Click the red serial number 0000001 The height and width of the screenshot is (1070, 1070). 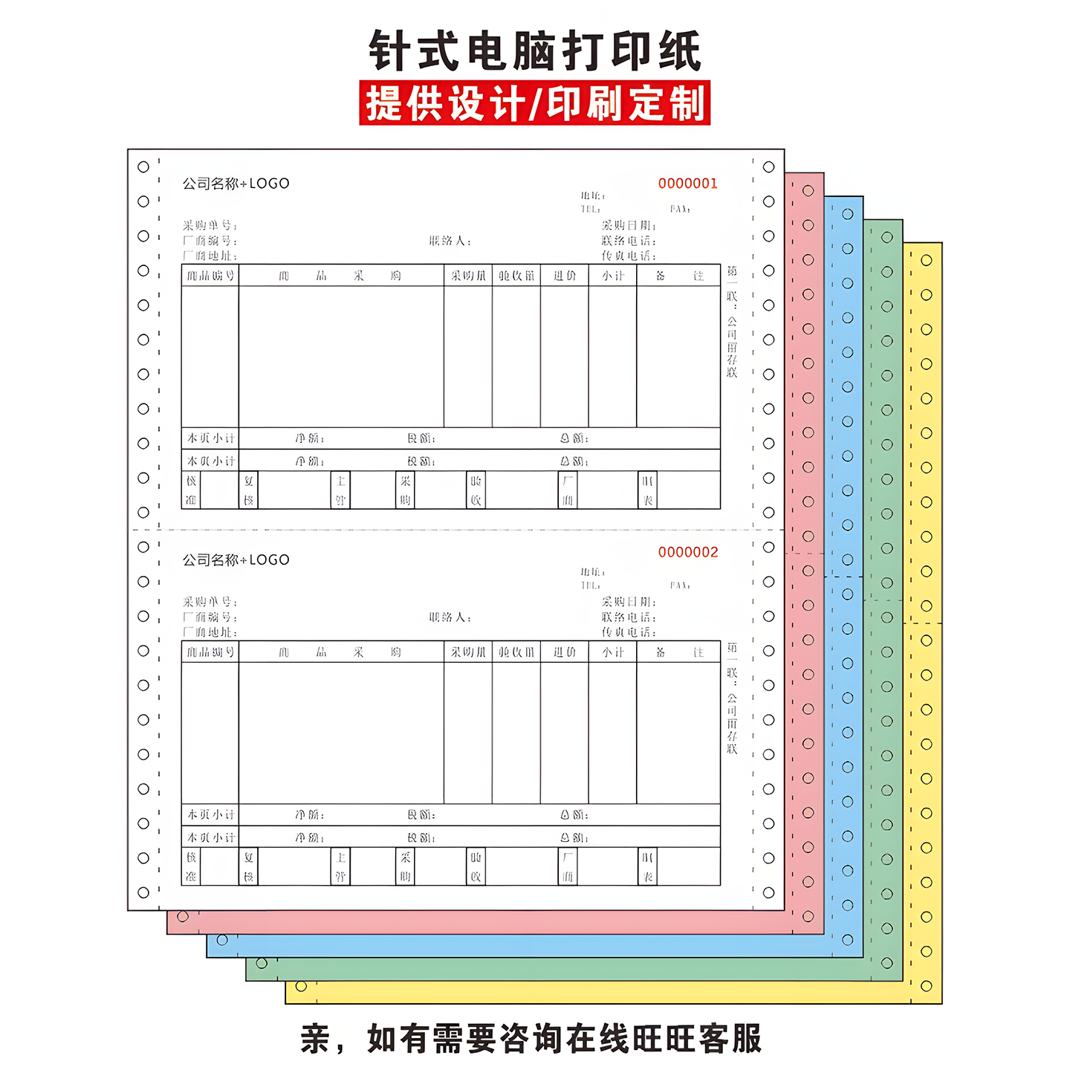[687, 184]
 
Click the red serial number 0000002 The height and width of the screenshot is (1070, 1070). [687, 552]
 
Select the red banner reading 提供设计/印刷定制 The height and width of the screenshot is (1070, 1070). [535, 103]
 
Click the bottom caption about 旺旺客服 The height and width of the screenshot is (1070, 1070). [531, 1038]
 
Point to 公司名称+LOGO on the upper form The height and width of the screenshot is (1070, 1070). [236, 184]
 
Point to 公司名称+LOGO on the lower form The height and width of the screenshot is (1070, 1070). [236, 560]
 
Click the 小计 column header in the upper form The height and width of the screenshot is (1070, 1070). [613, 276]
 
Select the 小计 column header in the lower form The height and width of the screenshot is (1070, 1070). [613, 652]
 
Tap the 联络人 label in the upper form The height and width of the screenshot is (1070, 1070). [450, 241]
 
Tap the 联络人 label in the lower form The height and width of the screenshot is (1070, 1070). [450, 617]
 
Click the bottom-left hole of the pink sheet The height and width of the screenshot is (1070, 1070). [183, 916]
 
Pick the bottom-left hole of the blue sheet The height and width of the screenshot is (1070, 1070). [222, 940]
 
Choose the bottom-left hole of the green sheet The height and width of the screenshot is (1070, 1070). [262, 963]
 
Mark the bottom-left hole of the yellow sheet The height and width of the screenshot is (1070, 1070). [301, 986]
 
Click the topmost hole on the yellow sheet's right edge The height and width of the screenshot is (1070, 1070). [926, 260]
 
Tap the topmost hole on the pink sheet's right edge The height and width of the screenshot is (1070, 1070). [808, 191]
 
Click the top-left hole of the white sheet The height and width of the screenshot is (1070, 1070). [143, 167]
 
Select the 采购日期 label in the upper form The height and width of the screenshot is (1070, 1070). [628, 225]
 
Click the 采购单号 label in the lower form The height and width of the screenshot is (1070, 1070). [210, 602]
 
